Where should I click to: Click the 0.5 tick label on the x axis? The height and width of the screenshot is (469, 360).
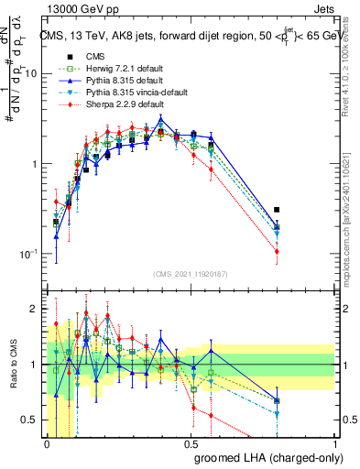pos(191,444)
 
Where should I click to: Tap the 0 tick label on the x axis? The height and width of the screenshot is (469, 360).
pos(48,444)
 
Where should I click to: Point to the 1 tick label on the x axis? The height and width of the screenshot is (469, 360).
pos(335,444)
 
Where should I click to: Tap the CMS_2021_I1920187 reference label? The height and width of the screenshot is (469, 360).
pos(191,274)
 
